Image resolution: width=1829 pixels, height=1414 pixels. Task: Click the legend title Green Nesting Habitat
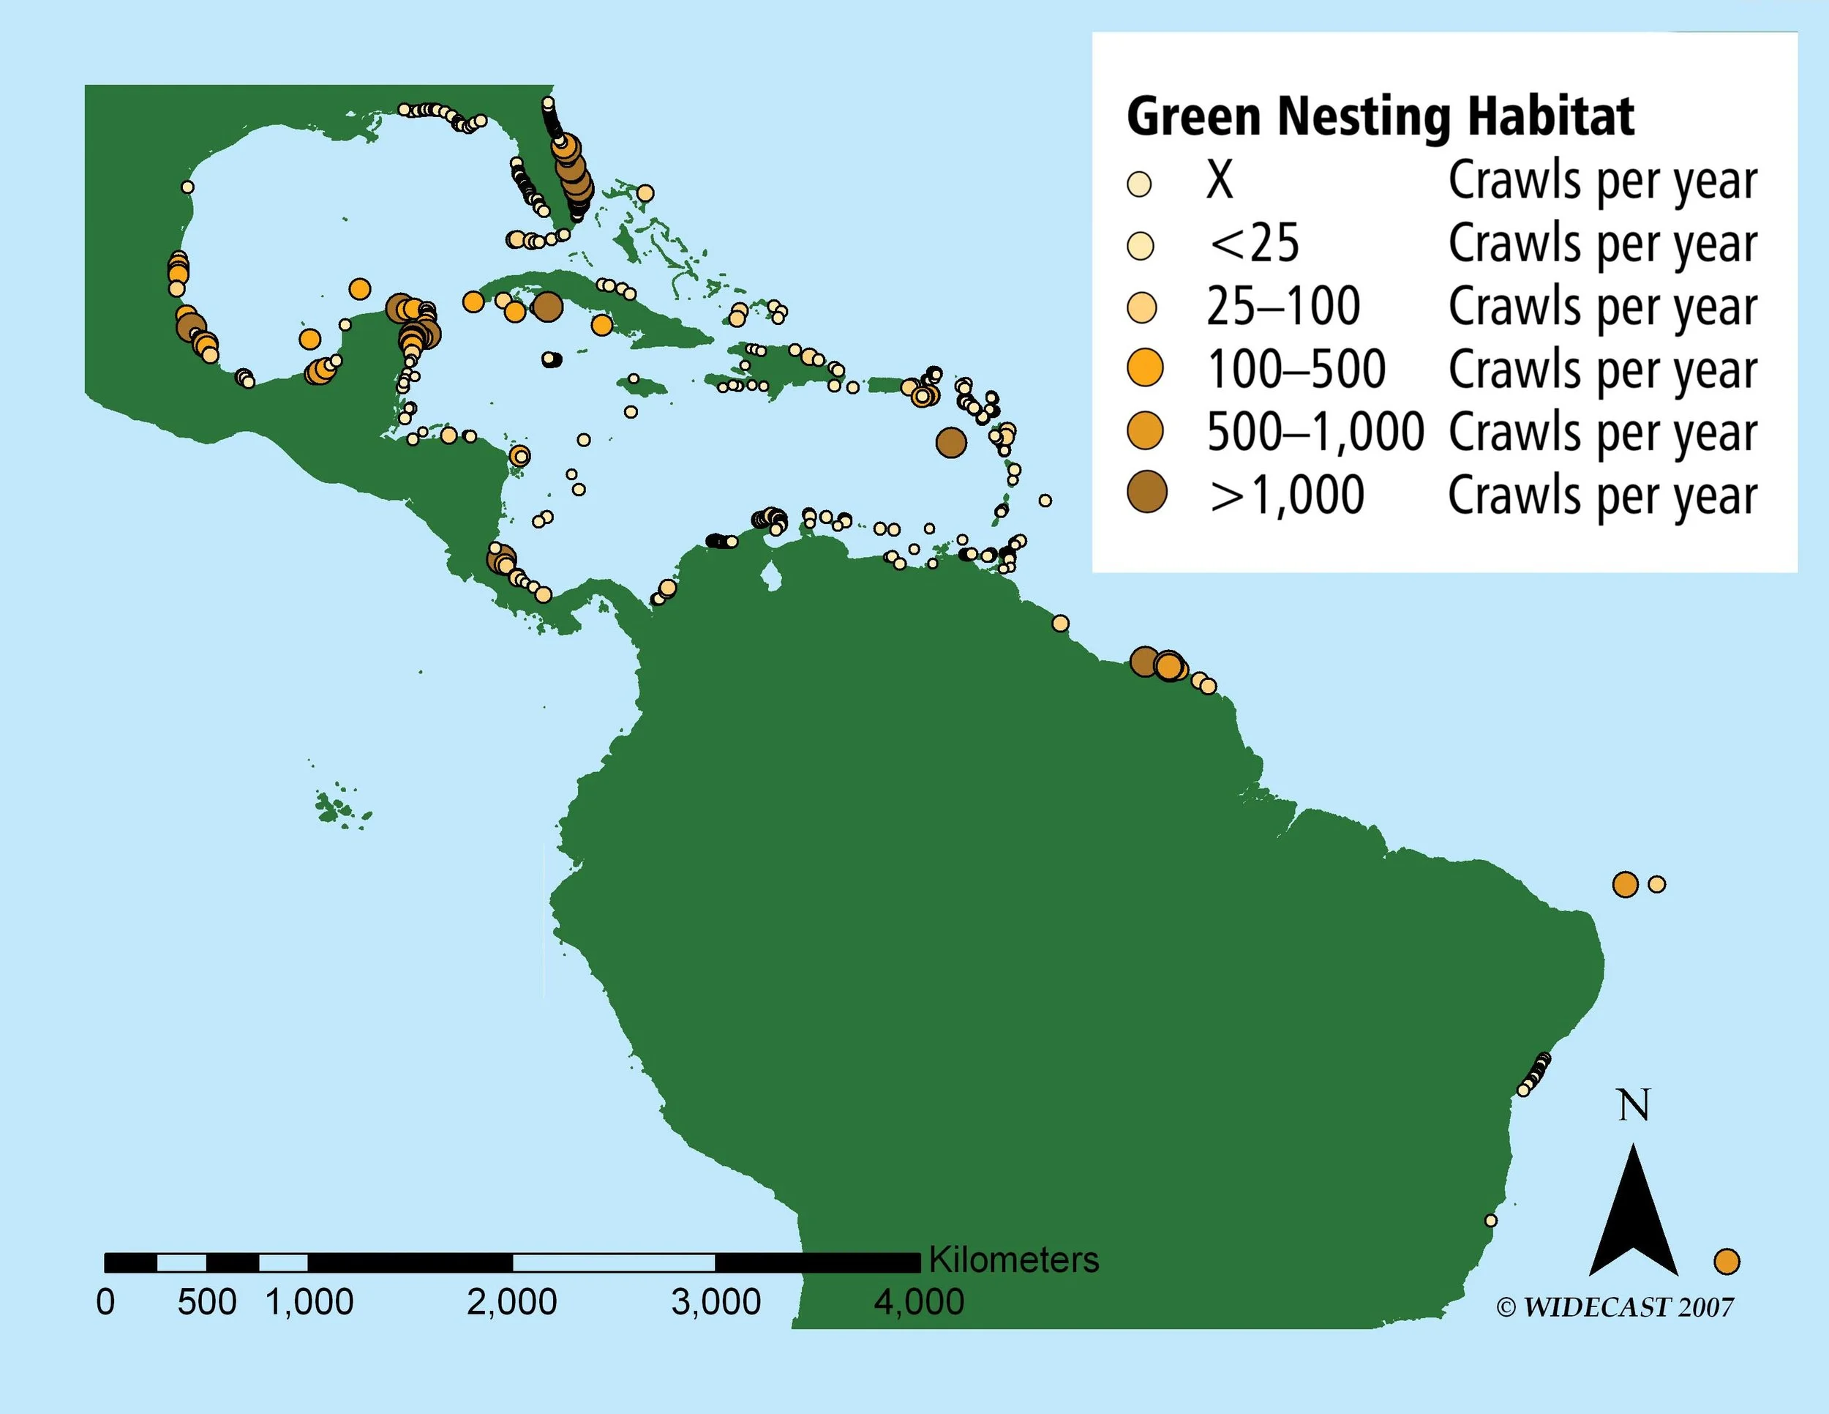pyautogui.click(x=1380, y=116)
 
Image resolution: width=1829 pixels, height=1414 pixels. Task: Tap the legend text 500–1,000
pyautogui.click(x=1314, y=433)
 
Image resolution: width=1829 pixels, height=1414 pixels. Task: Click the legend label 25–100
pyautogui.click(x=1283, y=307)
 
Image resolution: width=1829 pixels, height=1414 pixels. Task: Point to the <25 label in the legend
pyautogui.click(x=1254, y=244)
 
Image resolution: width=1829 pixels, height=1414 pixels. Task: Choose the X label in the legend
pyautogui.click(x=1220, y=180)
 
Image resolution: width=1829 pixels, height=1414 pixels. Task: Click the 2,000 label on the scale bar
pyautogui.click(x=511, y=1303)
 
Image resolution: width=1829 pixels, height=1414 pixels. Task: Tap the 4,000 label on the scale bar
pyautogui.click(x=919, y=1303)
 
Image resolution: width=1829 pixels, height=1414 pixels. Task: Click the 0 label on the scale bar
pyautogui.click(x=105, y=1303)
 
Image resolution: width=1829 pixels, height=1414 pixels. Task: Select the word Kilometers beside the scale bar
pyautogui.click(x=1013, y=1260)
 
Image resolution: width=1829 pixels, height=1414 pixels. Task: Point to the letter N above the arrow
pyautogui.click(x=1634, y=1106)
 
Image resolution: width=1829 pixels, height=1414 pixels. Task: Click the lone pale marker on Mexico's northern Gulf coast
pyautogui.click(x=187, y=187)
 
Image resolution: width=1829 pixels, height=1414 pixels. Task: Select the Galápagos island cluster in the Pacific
pyautogui.click(x=339, y=808)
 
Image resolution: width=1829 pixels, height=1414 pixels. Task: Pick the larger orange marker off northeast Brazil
pyautogui.click(x=1625, y=885)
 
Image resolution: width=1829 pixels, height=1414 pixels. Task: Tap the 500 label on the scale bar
pyautogui.click(x=207, y=1303)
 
